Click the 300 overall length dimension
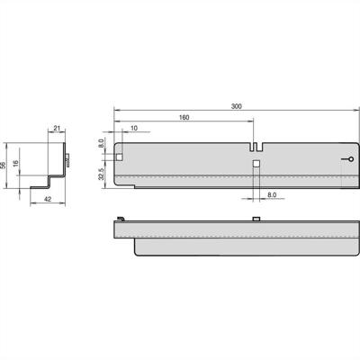pyautogui.click(x=236, y=106)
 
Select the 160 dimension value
pyautogui.click(x=184, y=118)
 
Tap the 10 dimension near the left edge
pyautogui.click(x=133, y=129)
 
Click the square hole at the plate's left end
pyautogui.click(x=121, y=157)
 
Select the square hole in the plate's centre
pyautogui.click(x=256, y=164)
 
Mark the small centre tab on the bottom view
pyautogui.click(x=256, y=219)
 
